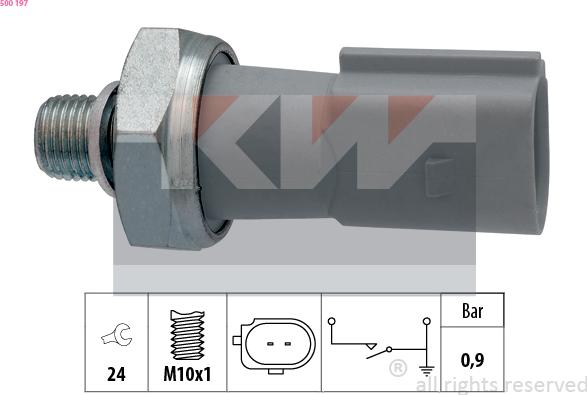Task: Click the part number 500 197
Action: tap(14, 5)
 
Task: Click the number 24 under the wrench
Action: tap(115, 376)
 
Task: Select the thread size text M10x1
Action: tap(187, 376)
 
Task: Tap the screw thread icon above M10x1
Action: tap(187, 334)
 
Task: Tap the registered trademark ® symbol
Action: tap(397, 368)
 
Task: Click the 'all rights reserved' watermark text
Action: tap(500, 384)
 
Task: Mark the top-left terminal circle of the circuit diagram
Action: tap(330, 322)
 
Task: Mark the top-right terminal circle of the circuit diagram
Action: tap(427, 322)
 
